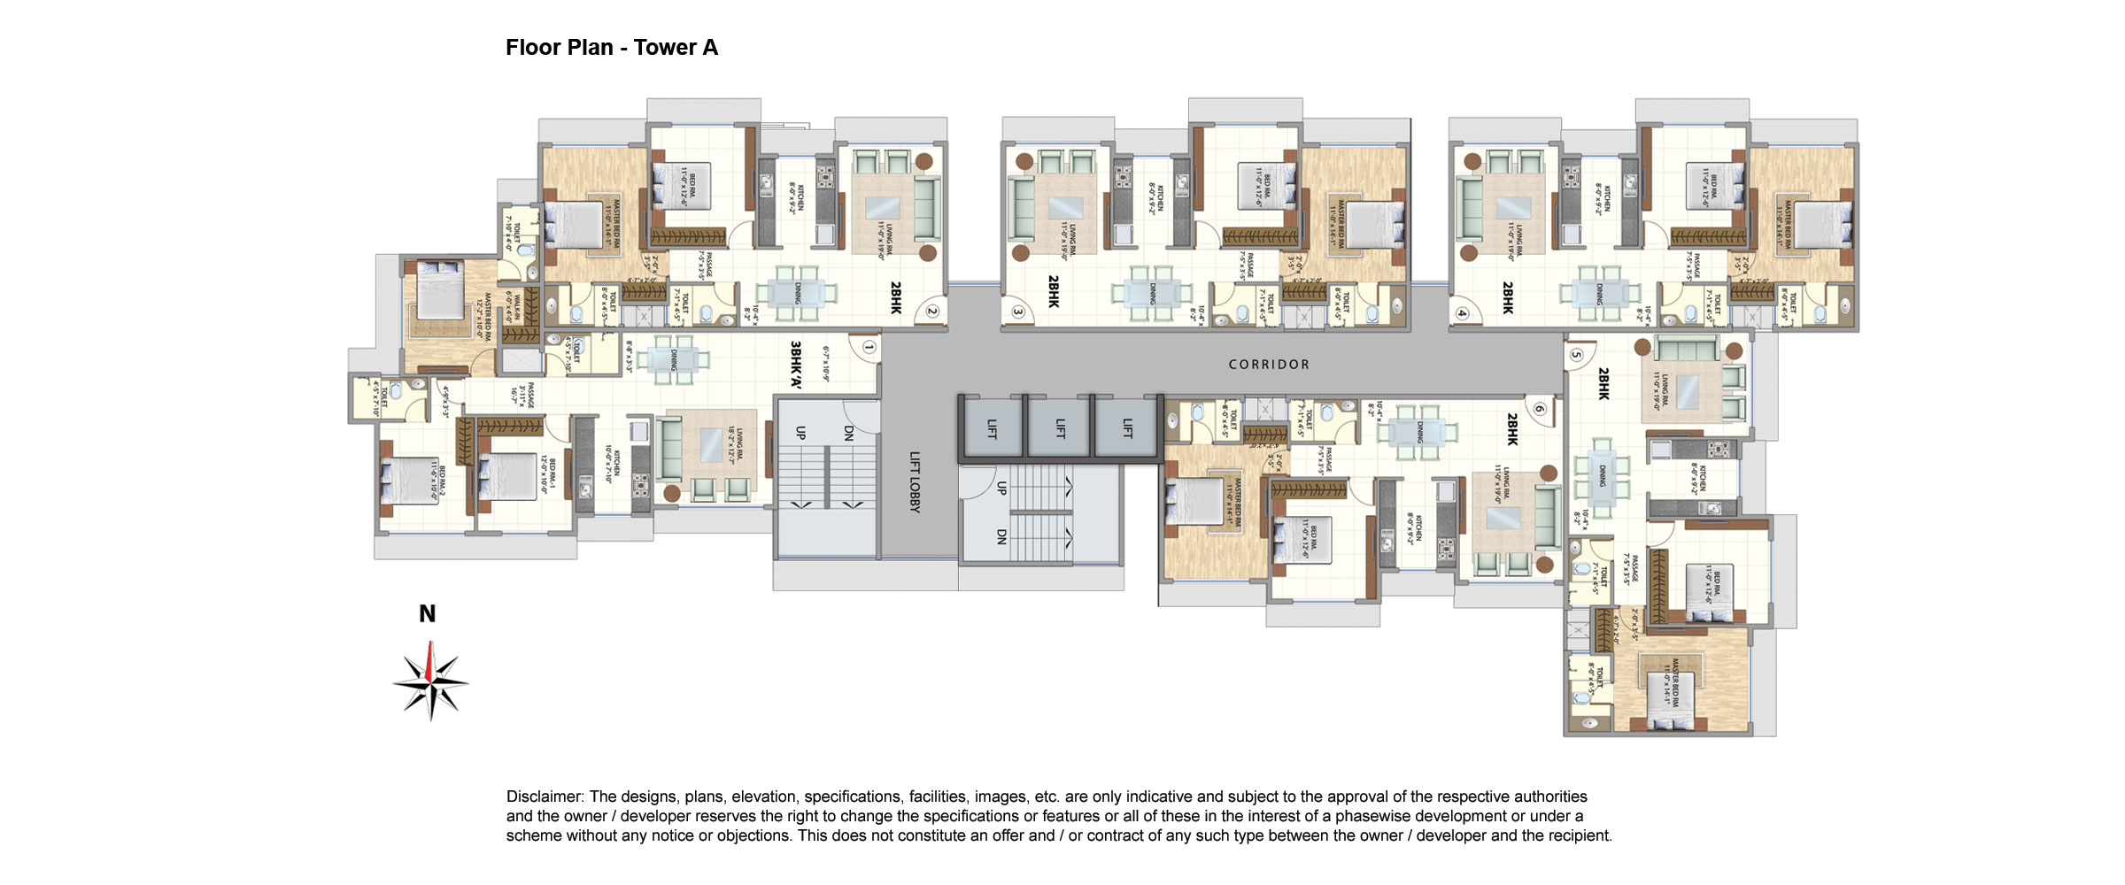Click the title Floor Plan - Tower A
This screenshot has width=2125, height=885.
click(611, 48)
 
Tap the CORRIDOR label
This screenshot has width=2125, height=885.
click(1269, 365)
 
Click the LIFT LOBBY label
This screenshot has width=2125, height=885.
click(915, 482)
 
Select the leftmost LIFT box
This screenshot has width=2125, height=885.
click(991, 428)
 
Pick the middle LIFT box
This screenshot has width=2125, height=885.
click(1059, 428)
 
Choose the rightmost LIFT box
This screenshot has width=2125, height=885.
click(1127, 428)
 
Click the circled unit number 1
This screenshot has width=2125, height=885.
click(869, 348)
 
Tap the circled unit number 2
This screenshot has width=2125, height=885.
click(931, 312)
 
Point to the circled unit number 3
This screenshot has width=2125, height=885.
click(1018, 312)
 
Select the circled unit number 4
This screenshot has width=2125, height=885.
click(1462, 313)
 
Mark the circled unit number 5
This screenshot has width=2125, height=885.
click(1576, 356)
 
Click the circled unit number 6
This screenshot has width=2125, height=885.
click(1540, 409)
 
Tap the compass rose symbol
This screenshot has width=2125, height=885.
click(430, 682)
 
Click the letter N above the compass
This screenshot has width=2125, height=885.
click(427, 613)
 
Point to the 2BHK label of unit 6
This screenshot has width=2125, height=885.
click(1512, 429)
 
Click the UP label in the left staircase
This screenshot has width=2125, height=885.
click(800, 433)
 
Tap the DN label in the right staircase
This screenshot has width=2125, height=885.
click(1001, 536)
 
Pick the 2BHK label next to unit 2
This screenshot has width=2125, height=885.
click(895, 298)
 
